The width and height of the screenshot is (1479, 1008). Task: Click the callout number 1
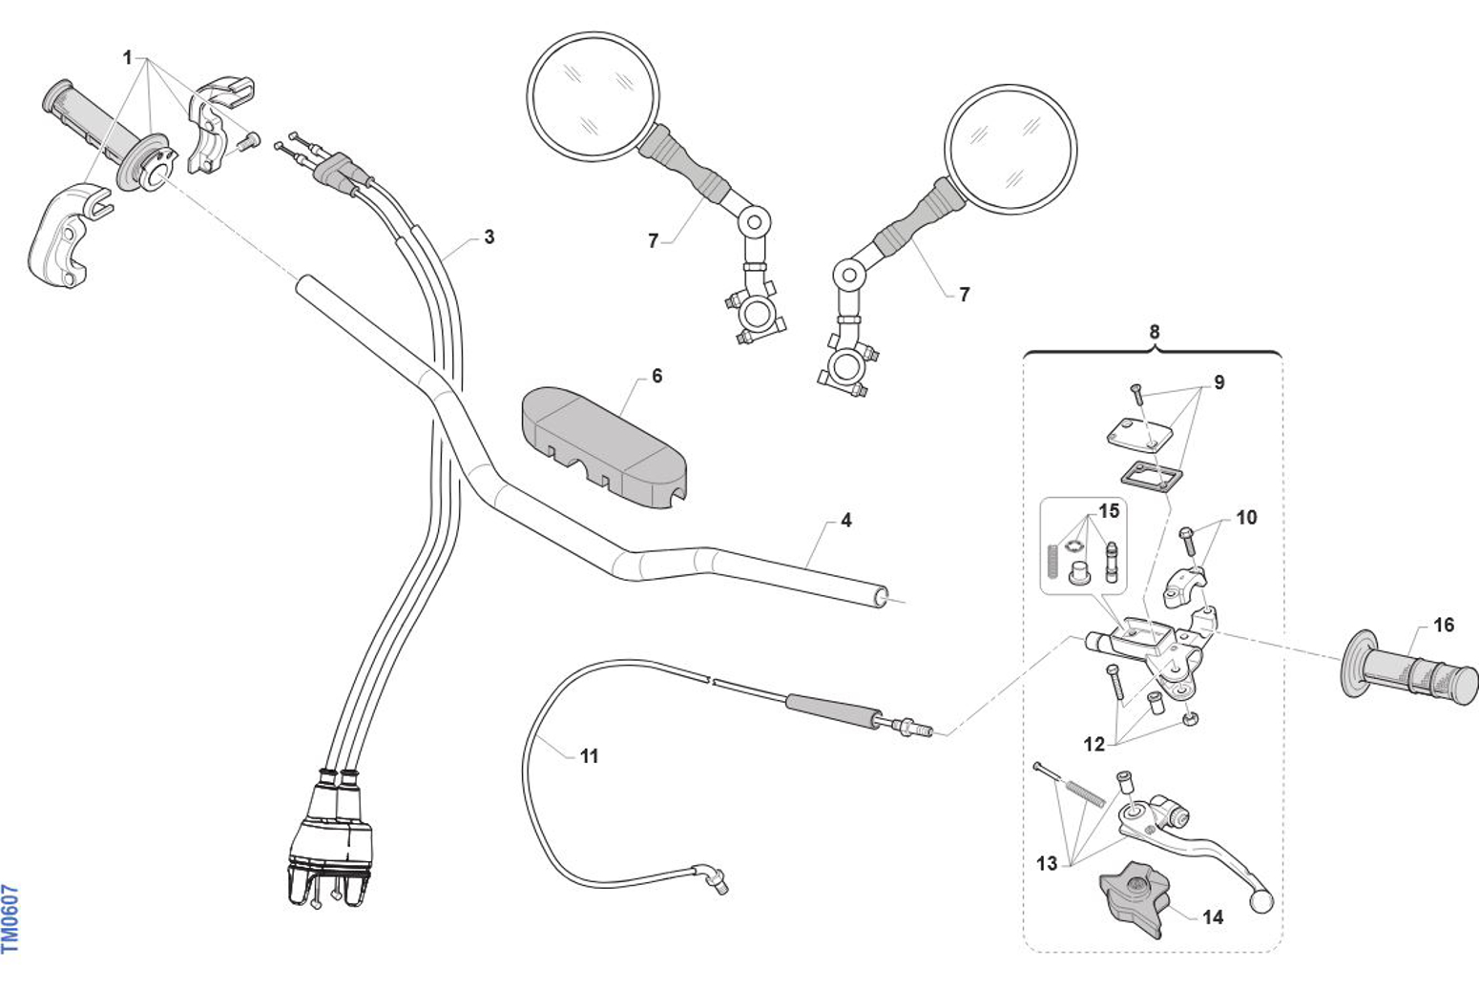pos(128,58)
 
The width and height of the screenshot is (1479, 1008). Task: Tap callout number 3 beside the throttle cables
pos(490,237)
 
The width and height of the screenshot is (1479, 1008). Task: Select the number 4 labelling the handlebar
pos(846,521)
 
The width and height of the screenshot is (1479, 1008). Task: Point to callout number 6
pos(656,377)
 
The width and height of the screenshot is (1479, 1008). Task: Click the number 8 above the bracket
pos(1155,332)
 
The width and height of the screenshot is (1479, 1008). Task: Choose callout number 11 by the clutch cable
pos(589,756)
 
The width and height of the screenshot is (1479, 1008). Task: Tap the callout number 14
pos(1212,917)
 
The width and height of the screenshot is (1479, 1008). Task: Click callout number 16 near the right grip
pos(1444,625)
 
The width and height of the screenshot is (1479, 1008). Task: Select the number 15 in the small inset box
pos(1108,511)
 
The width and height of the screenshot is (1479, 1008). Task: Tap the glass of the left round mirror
pos(593,94)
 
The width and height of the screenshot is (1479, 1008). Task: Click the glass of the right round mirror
pos(1010,148)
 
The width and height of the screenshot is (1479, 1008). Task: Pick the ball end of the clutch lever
pos(1262,899)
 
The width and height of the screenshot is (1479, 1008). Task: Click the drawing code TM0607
pos(10,918)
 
